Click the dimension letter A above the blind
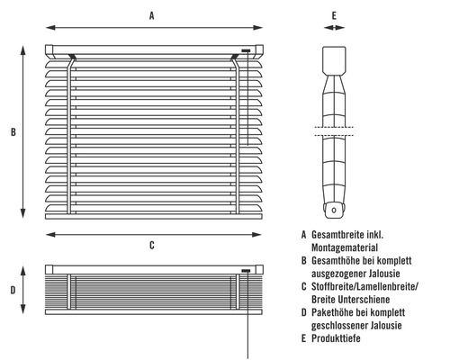(152, 15)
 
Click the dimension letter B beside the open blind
(13, 132)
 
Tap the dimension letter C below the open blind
(152, 245)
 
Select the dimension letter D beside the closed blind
(13, 290)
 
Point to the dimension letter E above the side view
(334, 15)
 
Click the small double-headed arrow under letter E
(334, 28)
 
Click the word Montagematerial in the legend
(345, 247)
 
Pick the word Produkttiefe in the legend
(336, 338)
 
